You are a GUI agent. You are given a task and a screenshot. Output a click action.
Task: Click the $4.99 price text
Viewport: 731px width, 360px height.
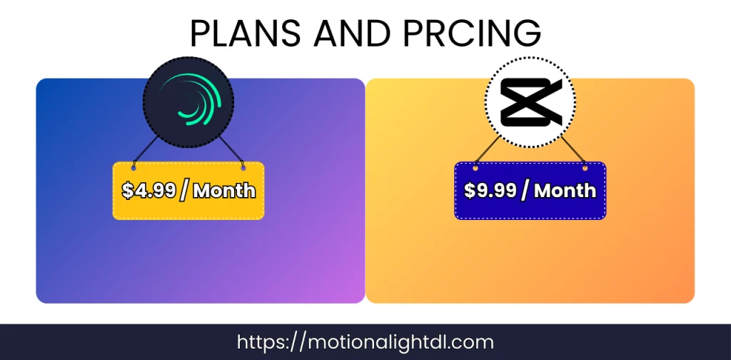point(147,191)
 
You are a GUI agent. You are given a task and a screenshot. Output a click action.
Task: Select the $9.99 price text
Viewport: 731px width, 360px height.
point(490,191)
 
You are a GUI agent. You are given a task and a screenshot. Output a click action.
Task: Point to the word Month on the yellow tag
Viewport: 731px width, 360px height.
point(224,191)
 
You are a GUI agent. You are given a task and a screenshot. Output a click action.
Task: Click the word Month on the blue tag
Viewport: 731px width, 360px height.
point(565,191)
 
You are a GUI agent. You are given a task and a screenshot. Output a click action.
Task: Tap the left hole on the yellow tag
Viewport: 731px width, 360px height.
point(133,168)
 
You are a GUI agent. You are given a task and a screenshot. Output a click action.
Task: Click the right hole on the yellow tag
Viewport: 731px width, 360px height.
point(243,168)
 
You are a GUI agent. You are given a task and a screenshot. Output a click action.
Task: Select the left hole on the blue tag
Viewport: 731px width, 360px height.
point(475,168)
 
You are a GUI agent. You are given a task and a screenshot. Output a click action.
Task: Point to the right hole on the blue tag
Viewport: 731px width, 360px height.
point(585,168)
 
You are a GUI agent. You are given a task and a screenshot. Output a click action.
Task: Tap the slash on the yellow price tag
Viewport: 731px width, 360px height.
point(183,191)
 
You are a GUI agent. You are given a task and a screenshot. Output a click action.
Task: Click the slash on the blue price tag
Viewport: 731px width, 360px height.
point(525,191)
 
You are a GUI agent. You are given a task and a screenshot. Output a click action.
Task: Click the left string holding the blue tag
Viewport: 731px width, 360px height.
point(488,152)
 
